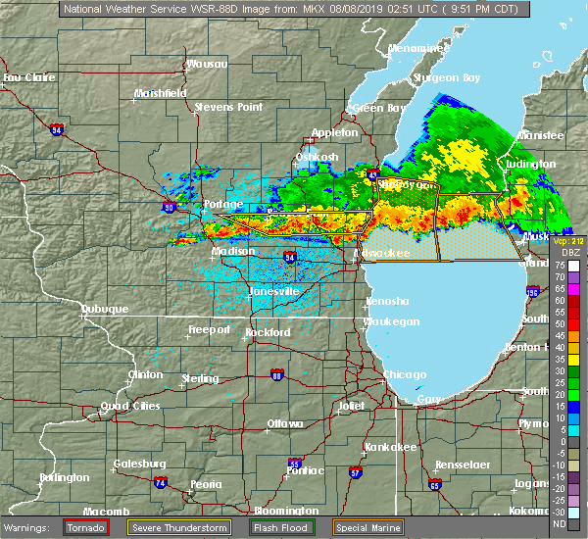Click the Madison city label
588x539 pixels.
click(x=233, y=251)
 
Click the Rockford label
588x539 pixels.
click(x=268, y=332)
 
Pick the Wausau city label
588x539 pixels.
click(x=207, y=65)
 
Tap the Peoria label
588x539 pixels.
click(x=205, y=484)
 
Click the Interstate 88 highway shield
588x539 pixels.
click(x=277, y=375)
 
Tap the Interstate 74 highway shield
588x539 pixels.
click(x=160, y=482)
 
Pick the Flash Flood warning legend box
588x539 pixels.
click(x=284, y=527)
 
